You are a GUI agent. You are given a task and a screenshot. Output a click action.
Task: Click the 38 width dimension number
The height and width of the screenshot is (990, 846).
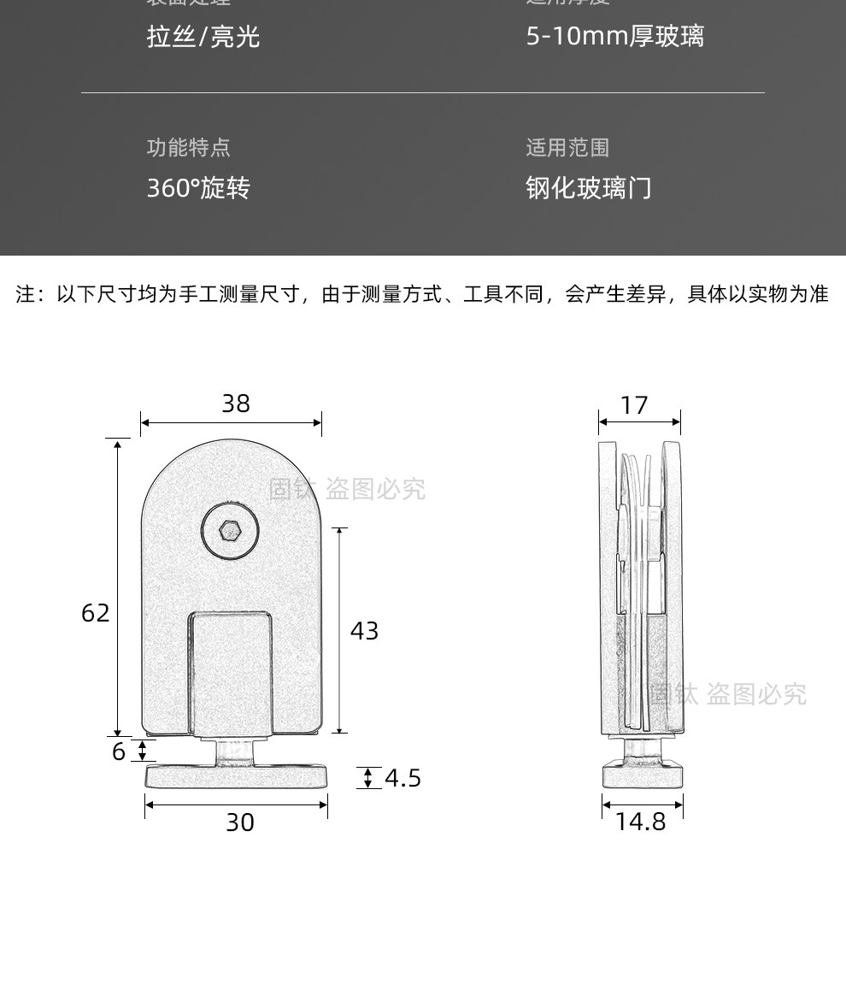pyautogui.click(x=236, y=404)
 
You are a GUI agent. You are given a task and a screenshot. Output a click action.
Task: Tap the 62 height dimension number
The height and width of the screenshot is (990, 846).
pyautogui.click(x=96, y=613)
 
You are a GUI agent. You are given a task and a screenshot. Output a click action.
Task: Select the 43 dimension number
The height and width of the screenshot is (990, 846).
pyautogui.click(x=364, y=631)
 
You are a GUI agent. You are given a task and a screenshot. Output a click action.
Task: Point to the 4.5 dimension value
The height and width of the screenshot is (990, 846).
pyautogui.click(x=402, y=778)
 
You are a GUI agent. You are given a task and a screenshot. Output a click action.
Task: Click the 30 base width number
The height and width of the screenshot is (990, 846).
pyautogui.click(x=240, y=822)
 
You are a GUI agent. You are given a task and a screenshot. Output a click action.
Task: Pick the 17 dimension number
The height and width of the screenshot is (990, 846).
pyautogui.click(x=634, y=405)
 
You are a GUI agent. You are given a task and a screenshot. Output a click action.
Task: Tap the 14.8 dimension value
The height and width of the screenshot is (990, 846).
pyautogui.click(x=640, y=822)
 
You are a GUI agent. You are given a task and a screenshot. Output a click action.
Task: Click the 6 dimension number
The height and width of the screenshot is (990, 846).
pyautogui.click(x=119, y=751)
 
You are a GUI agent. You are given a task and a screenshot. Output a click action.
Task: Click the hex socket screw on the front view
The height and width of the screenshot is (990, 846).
pyautogui.click(x=229, y=531)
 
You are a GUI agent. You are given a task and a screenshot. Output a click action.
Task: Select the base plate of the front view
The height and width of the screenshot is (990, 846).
pyautogui.click(x=237, y=776)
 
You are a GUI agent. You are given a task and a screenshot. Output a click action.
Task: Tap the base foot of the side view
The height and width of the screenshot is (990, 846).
pyautogui.click(x=643, y=775)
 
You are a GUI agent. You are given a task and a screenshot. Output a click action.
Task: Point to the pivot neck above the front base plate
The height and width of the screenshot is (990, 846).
pyautogui.click(x=233, y=751)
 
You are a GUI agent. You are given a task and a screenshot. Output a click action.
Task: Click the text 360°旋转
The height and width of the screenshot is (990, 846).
pyautogui.click(x=198, y=188)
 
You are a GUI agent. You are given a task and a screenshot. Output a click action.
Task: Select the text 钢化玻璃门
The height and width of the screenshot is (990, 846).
pyautogui.click(x=588, y=188)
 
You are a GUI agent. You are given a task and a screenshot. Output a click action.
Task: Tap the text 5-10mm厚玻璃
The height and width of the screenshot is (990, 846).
pyautogui.click(x=614, y=37)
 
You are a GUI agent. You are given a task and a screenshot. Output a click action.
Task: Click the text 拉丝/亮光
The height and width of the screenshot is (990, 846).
pyautogui.click(x=203, y=37)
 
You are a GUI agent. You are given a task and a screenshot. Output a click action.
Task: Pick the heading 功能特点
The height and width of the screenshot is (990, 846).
pyautogui.click(x=188, y=148)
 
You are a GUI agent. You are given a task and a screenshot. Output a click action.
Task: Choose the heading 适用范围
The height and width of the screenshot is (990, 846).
pyautogui.click(x=567, y=148)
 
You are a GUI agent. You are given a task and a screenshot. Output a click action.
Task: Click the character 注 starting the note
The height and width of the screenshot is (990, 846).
pyautogui.click(x=26, y=295)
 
